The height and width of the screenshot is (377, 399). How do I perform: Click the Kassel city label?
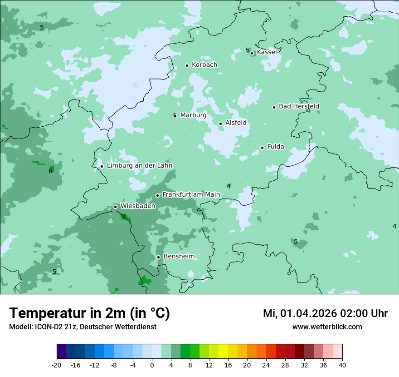267,52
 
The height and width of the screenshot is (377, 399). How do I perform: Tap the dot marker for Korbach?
187,65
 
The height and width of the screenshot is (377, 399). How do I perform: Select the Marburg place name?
193,115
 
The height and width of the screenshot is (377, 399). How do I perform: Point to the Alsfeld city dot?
220,124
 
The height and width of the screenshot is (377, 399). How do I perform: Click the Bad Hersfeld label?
299,106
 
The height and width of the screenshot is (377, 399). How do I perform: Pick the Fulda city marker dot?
262,148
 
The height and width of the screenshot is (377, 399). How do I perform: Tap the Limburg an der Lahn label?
139,166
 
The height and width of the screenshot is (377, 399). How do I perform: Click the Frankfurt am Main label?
191,194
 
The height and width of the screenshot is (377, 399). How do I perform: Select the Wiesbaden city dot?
115,207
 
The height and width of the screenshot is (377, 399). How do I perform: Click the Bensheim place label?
179,256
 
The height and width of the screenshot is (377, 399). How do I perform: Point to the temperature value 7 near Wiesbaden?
124,217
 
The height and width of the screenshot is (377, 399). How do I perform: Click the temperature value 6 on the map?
50,171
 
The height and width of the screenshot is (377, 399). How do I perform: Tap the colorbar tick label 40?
342,365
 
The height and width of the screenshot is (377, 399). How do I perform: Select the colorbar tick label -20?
57,365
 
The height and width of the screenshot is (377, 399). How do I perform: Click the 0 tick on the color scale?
152,365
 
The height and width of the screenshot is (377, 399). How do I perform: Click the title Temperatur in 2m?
89,313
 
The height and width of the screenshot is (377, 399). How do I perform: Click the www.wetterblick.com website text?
327,327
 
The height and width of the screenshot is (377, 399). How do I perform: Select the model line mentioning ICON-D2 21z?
83,327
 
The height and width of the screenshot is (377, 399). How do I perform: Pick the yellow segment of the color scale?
223,352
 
